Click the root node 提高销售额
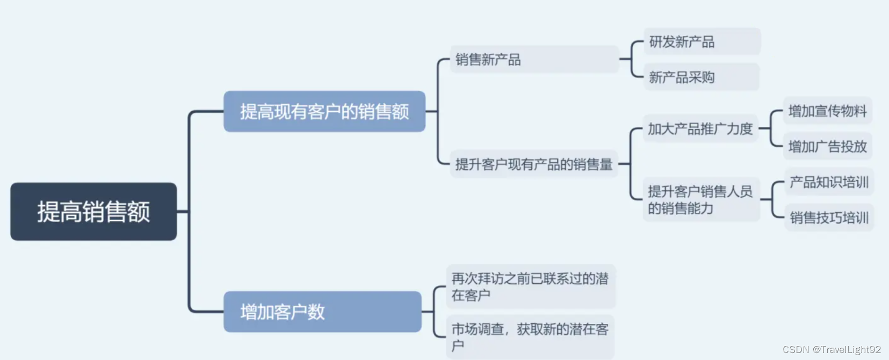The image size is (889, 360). click(x=93, y=212)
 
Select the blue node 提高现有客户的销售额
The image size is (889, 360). click(x=324, y=111)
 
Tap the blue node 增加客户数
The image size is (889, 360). click(x=322, y=312)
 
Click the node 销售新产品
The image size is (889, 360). click(x=534, y=59)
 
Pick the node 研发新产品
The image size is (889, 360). click(x=702, y=42)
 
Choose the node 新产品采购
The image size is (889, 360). click(x=701, y=77)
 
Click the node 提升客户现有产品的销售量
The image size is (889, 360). click(x=534, y=164)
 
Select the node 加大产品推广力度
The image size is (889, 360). click(x=700, y=129)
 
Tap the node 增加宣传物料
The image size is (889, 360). click(x=827, y=111)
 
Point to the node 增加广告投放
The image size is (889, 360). click(x=827, y=146)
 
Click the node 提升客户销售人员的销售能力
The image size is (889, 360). click(x=700, y=199)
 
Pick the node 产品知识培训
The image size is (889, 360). click(x=829, y=182)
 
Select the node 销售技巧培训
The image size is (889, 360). click(x=829, y=218)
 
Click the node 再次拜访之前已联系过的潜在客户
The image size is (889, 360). click(x=530, y=286)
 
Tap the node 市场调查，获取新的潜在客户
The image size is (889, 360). click(x=530, y=337)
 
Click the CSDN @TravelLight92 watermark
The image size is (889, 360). click(x=832, y=350)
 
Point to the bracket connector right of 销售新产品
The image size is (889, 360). click(x=632, y=59)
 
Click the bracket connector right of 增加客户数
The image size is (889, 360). click(x=433, y=312)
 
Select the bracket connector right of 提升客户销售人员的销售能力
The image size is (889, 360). click(x=772, y=200)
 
